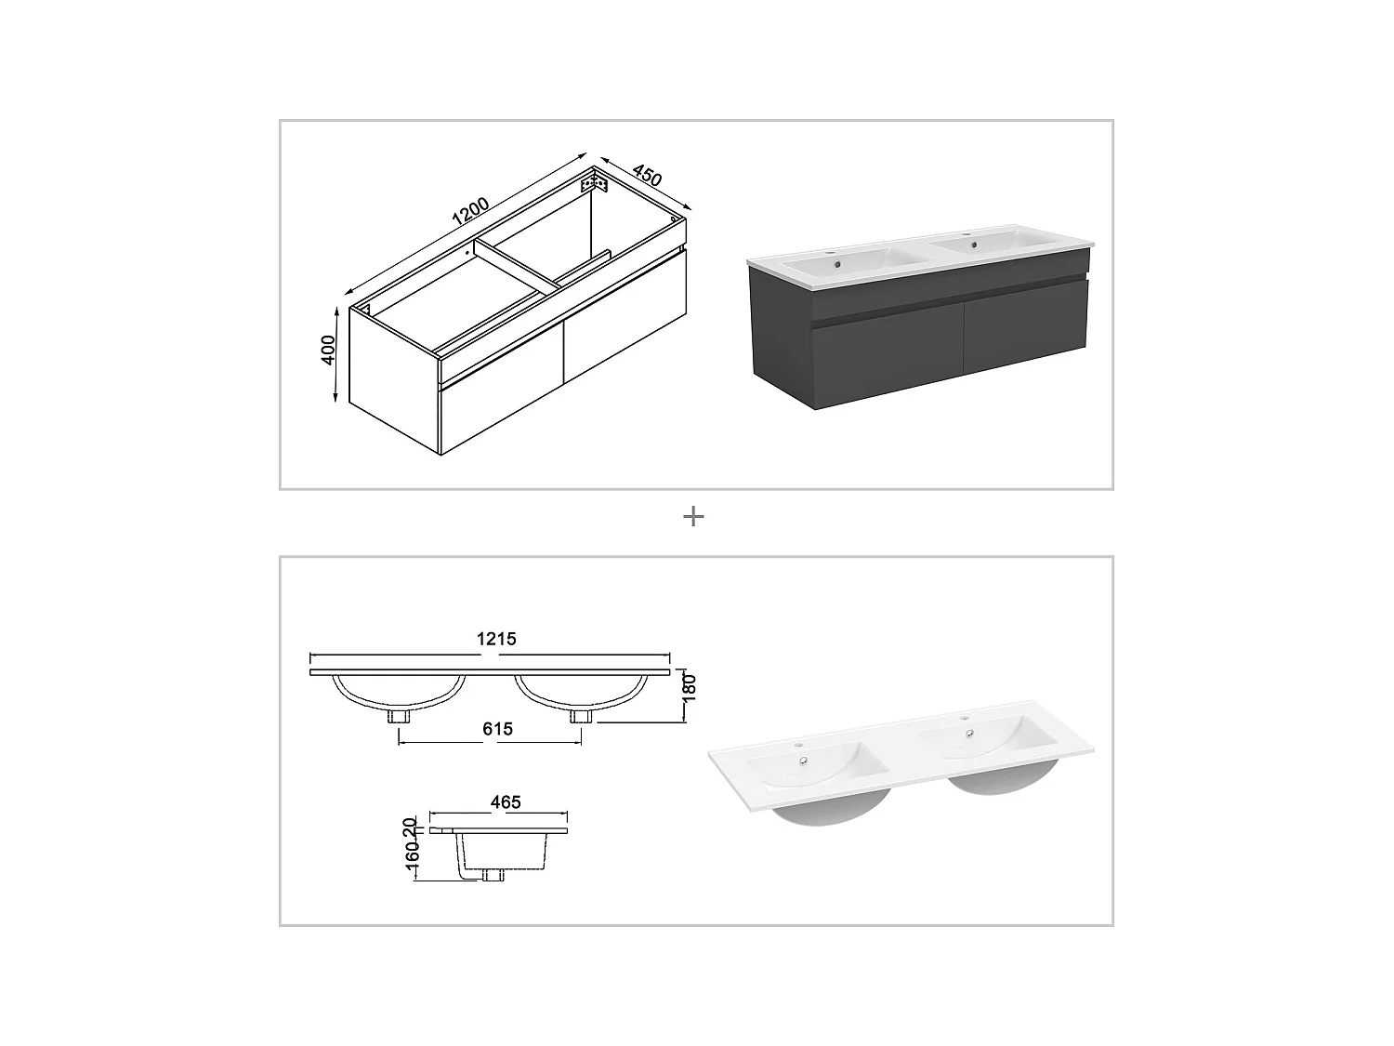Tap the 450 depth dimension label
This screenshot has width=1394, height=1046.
[x=647, y=175]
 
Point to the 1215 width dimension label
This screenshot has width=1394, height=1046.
[x=496, y=639]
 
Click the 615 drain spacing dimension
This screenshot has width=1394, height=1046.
[x=497, y=729]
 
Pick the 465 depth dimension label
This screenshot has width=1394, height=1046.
[x=506, y=801]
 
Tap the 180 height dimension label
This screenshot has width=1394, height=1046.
[x=689, y=688]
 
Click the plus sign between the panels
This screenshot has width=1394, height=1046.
[x=693, y=517]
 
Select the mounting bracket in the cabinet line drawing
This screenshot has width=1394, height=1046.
[x=594, y=185]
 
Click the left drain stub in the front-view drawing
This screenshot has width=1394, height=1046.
[x=400, y=716]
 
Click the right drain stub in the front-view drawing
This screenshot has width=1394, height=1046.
[x=582, y=716]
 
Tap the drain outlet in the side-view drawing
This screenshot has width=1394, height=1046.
[x=493, y=874]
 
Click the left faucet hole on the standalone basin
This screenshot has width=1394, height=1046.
[x=798, y=745]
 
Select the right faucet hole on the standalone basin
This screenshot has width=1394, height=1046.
[x=964, y=719]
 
